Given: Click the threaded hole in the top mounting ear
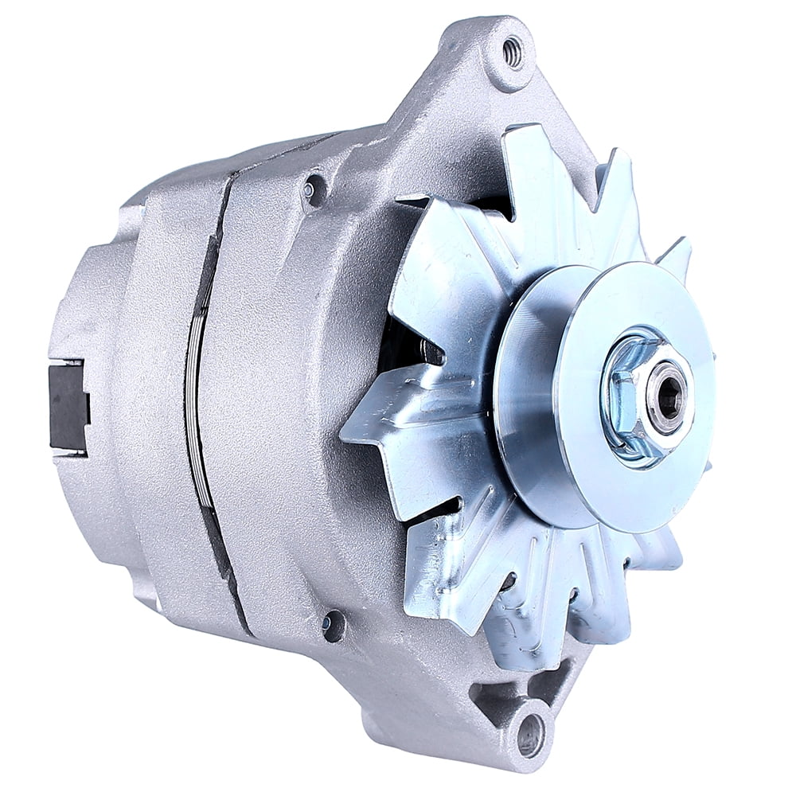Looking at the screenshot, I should click(x=513, y=52).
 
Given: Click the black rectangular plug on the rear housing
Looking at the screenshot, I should click(x=68, y=405).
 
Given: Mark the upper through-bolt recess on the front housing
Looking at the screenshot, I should click(x=312, y=189).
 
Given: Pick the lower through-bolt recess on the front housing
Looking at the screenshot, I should click(x=333, y=625).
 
